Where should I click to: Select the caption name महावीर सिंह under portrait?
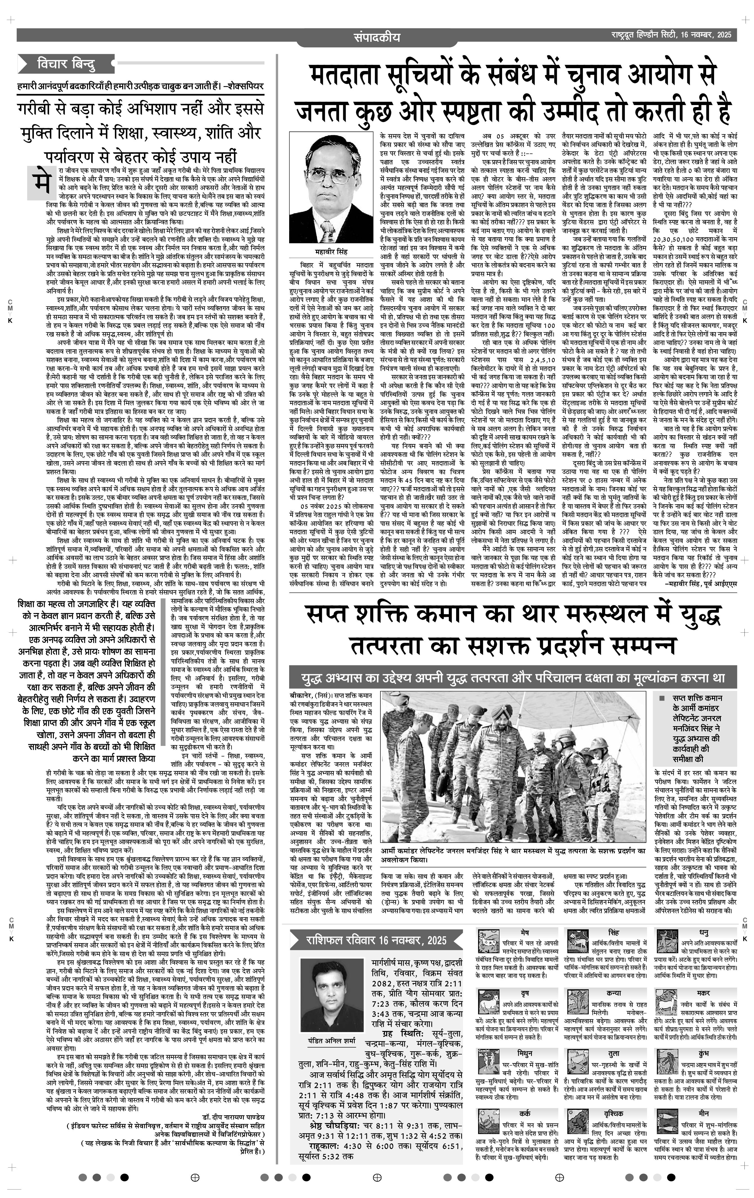click(x=330, y=252)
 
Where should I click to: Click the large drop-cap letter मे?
click(x=40, y=180)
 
